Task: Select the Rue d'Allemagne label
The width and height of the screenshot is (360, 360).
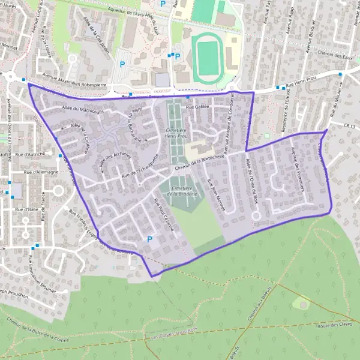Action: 41,172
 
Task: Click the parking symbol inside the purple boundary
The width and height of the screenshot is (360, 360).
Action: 149,239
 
